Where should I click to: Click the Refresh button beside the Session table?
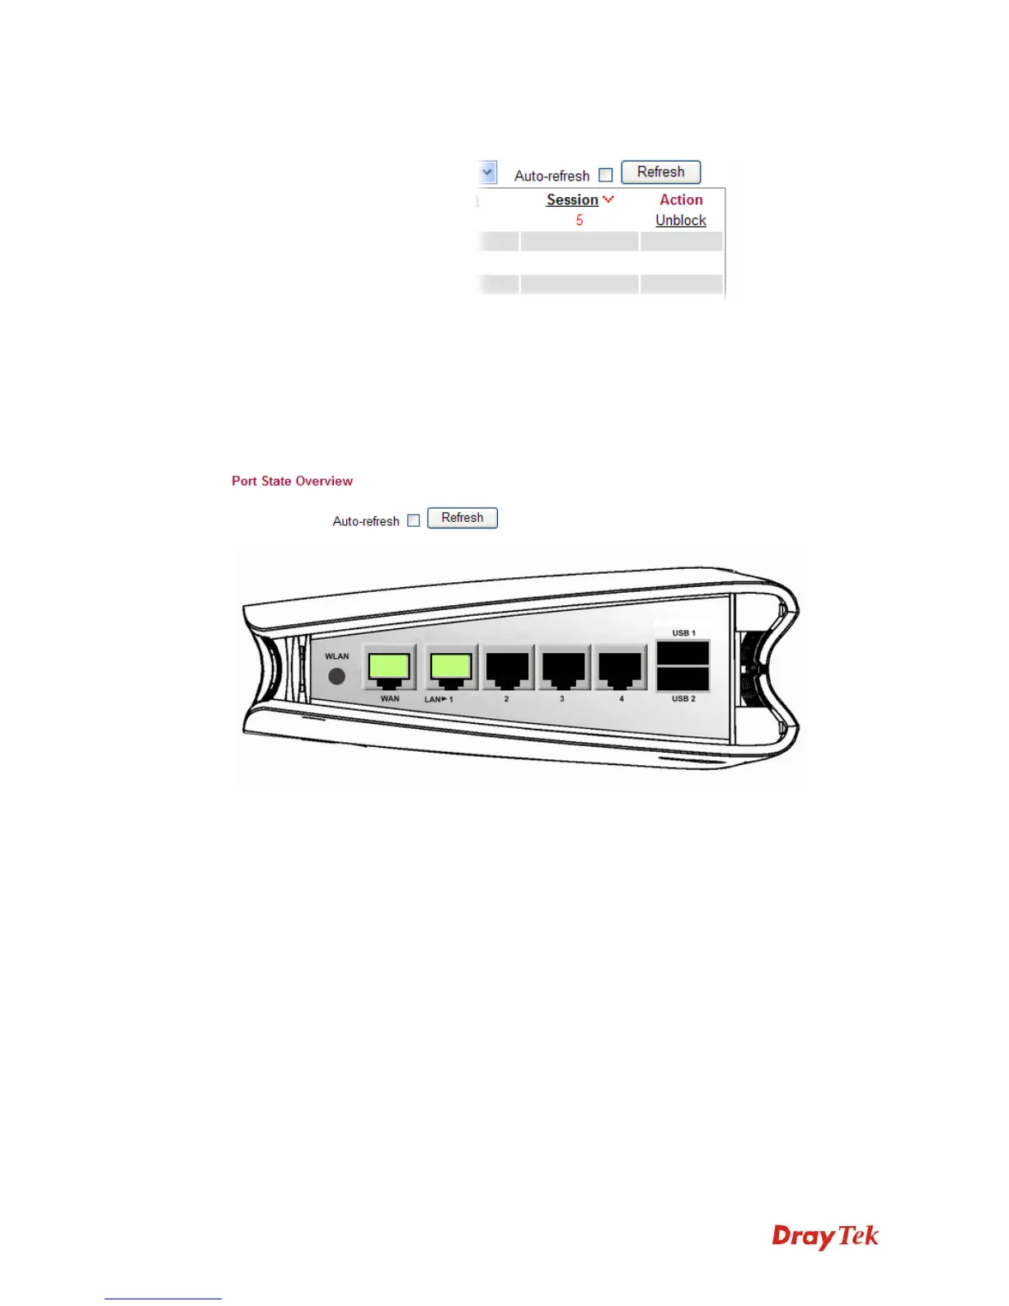tap(660, 172)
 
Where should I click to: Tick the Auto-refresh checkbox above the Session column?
tap(606, 175)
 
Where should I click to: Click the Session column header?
tap(572, 200)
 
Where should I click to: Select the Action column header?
tap(681, 200)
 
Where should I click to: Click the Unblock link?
tap(681, 220)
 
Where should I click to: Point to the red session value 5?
tap(580, 220)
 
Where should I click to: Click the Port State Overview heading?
tap(292, 481)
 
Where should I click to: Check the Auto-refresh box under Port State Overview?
tap(414, 520)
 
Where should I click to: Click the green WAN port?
tap(389, 667)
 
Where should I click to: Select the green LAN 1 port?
tap(450, 667)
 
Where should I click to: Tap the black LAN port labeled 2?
tap(507, 667)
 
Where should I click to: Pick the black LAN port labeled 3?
tap(563, 667)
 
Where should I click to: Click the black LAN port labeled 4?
tap(620, 667)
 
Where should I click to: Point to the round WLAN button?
tap(336, 676)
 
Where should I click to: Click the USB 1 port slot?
tap(683, 653)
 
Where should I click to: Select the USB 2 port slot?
tap(683, 679)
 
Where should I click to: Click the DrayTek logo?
tap(825, 1237)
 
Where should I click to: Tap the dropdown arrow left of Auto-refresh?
tap(487, 172)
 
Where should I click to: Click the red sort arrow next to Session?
tap(608, 200)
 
